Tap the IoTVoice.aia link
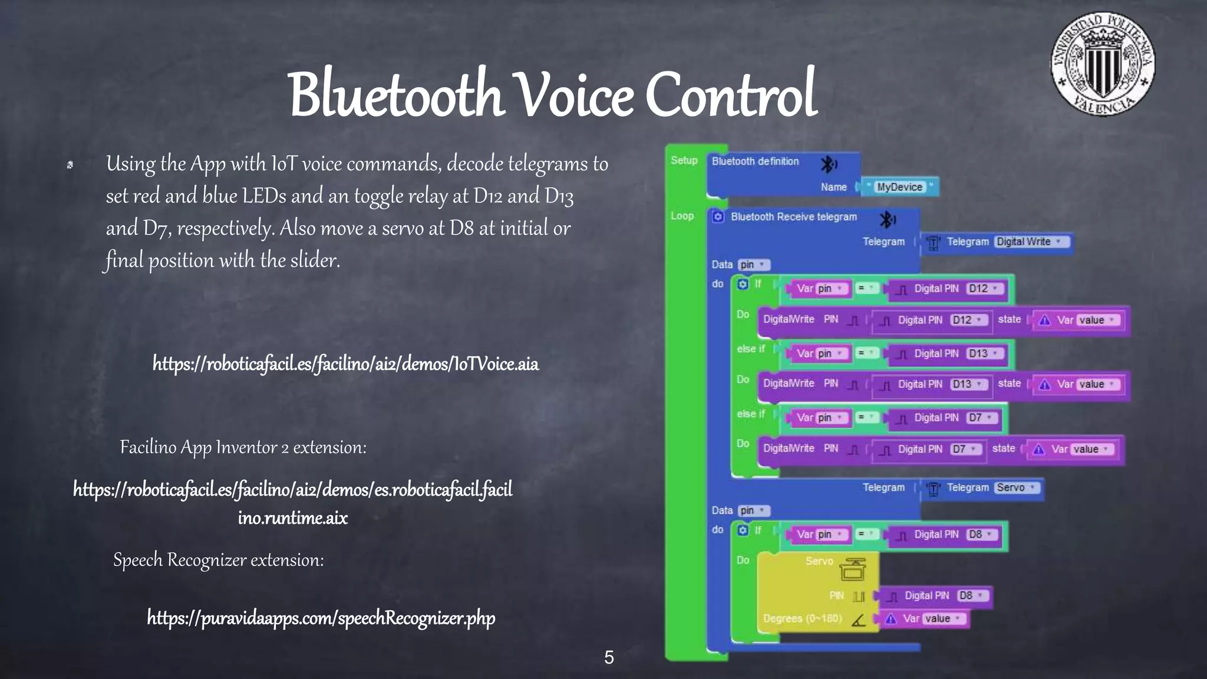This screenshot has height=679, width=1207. tap(345, 364)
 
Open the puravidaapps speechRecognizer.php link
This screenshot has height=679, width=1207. tap(321, 618)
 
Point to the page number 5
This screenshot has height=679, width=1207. tap(609, 657)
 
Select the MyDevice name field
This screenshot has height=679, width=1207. tap(899, 187)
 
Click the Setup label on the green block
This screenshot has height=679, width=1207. tap(684, 160)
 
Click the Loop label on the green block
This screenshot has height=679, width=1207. tap(682, 216)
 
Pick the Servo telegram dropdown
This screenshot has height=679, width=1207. tap(1015, 487)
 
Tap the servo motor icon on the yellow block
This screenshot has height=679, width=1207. tap(852, 568)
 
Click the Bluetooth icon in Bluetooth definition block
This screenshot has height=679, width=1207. tap(829, 164)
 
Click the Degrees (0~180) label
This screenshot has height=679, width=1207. tap(802, 618)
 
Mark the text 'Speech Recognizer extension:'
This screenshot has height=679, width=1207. tap(219, 560)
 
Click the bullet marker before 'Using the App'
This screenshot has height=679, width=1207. tap(70, 165)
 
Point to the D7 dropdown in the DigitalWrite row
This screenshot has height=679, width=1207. tap(965, 449)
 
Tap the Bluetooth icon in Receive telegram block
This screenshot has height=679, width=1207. tap(887, 220)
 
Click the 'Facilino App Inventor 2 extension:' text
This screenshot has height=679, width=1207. tap(243, 447)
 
